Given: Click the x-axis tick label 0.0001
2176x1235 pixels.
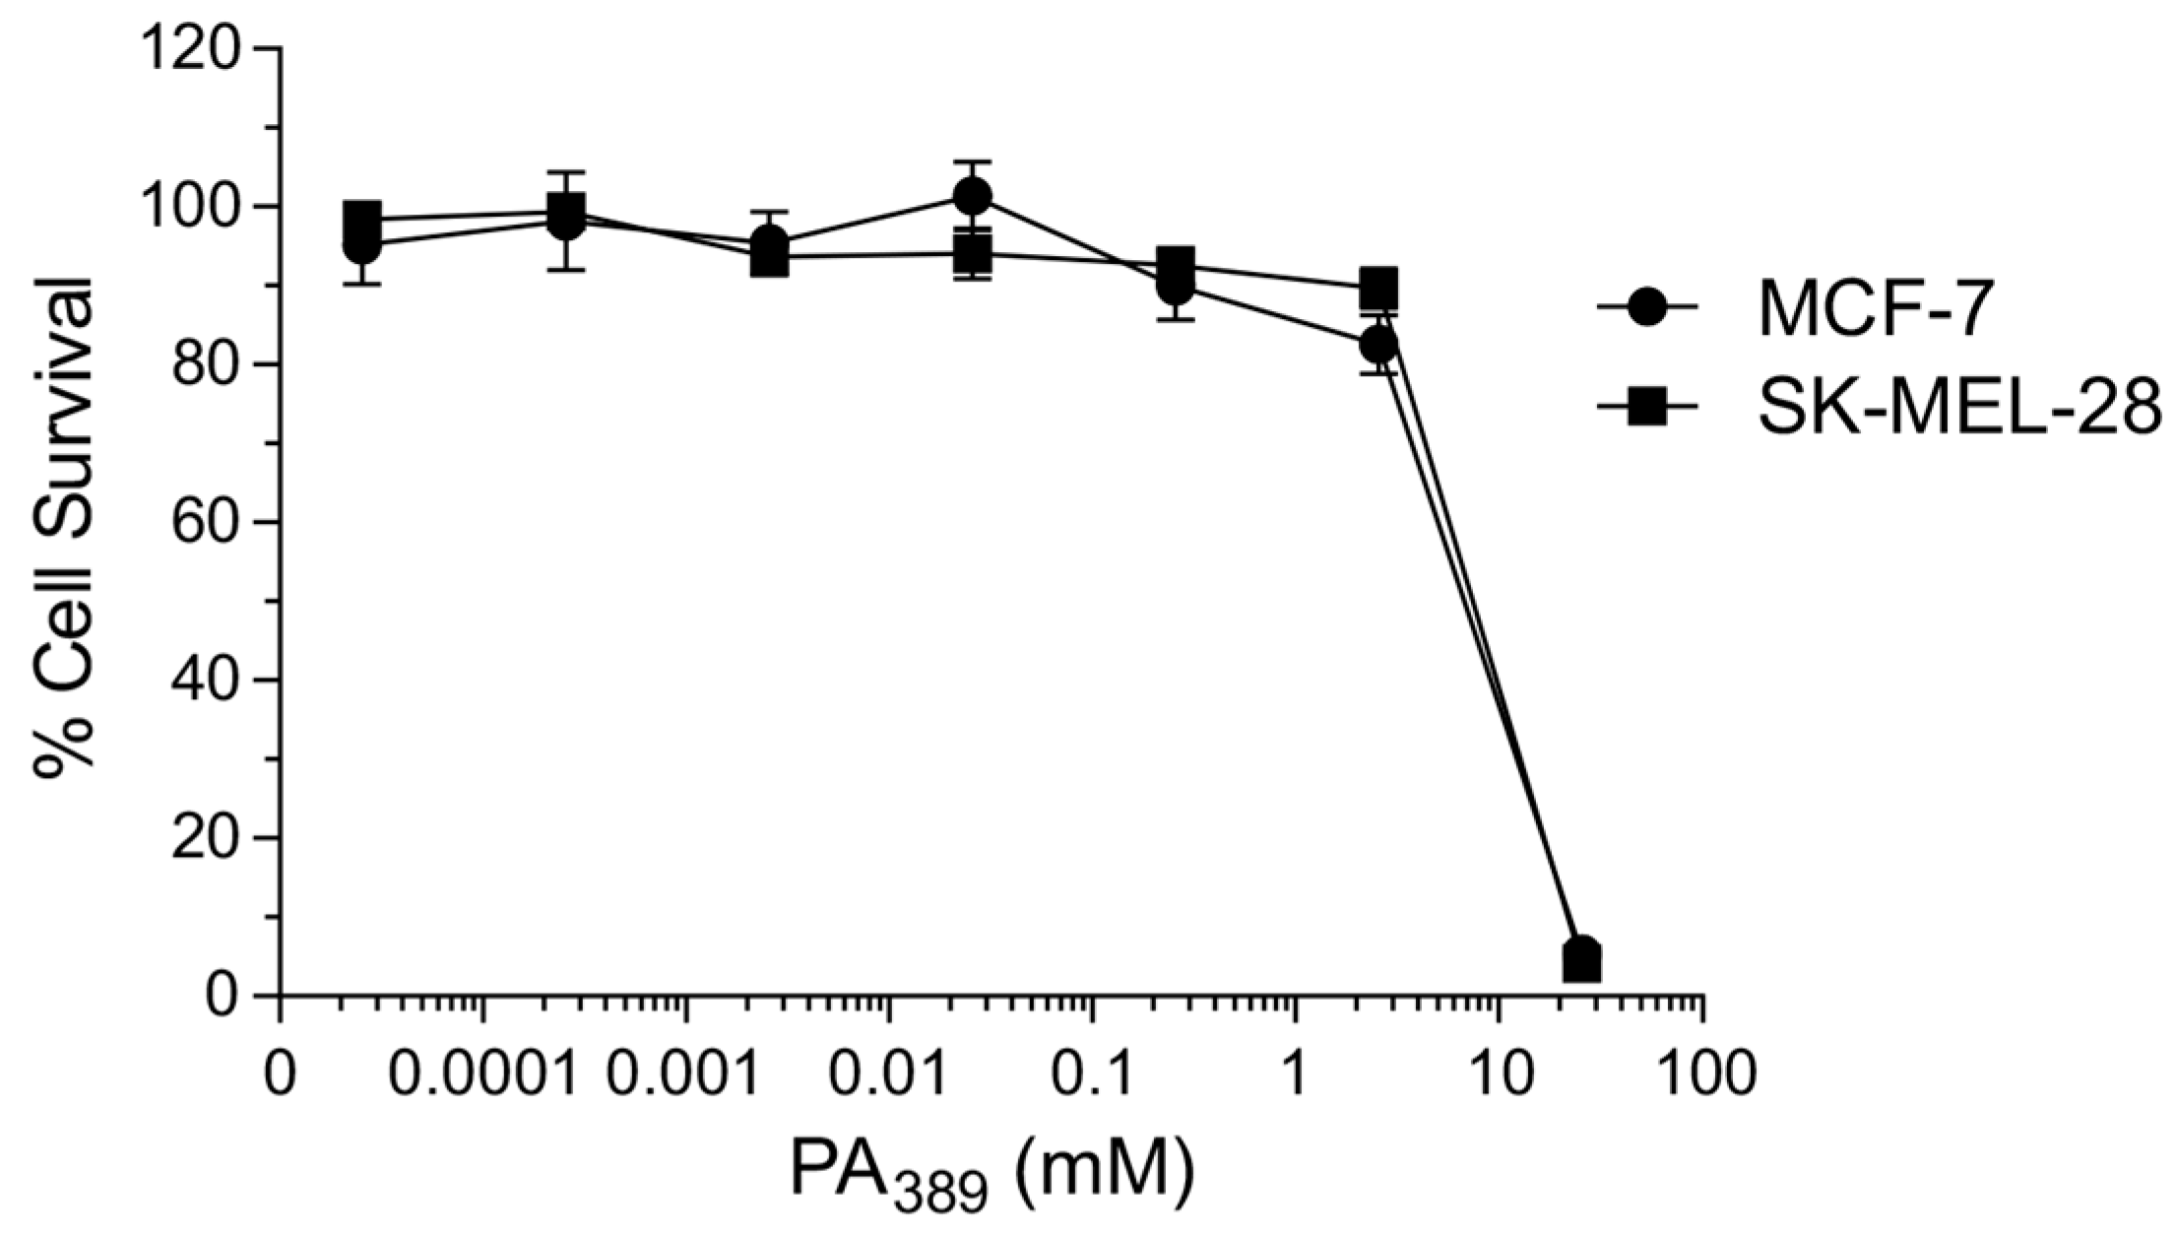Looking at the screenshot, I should pyautogui.click(x=482, y=1073).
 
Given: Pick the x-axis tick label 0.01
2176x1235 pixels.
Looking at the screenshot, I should pyautogui.click(x=889, y=1073).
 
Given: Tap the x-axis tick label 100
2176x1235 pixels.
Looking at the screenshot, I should pyautogui.click(x=1702, y=1073).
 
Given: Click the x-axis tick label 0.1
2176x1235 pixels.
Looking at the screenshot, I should pyautogui.click(x=1092, y=1073).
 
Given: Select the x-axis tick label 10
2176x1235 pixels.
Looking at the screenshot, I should pyautogui.click(x=1499, y=1073).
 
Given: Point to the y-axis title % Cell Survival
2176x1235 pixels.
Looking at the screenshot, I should pyautogui.click(x=65, y=522).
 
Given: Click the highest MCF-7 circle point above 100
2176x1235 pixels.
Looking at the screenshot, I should pyautogui.click(x=972, y=197).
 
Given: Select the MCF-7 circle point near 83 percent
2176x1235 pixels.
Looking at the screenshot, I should pyautogui.click(x=1378, y=345).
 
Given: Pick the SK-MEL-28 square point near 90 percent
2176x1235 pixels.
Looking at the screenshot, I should pyautogui.click(x=1378, y=288).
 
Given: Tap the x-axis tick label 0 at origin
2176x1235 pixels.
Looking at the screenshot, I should pyautogui.click(x=281, y=1073).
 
